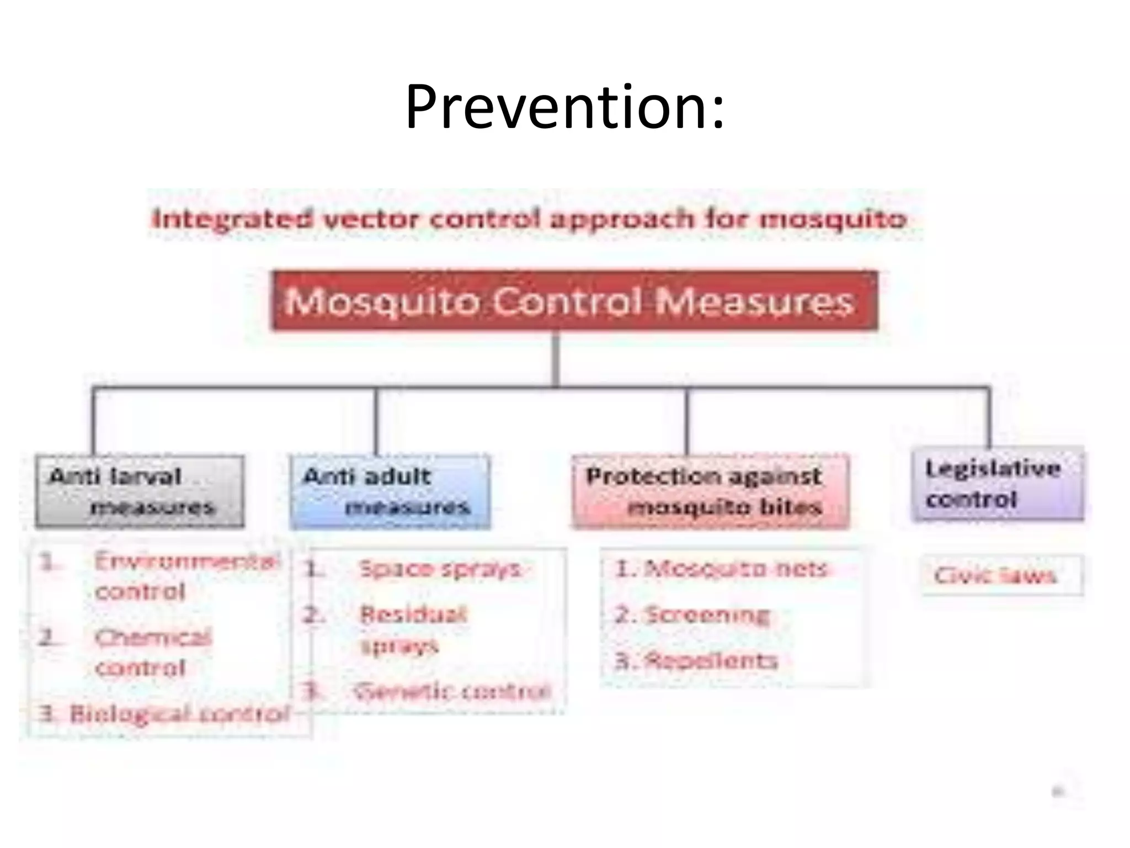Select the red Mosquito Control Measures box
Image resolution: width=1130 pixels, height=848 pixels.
point(574,301)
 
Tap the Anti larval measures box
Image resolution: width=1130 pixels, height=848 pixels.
point(140,491)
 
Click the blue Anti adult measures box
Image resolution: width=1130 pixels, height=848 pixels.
point(390,491)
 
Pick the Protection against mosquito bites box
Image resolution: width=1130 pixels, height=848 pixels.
point(710,491)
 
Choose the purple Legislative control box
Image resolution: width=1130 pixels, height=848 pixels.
point(997,484)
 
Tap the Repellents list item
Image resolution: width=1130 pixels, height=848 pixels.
point(697,660)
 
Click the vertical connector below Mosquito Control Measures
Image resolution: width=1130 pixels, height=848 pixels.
point(556,359)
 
